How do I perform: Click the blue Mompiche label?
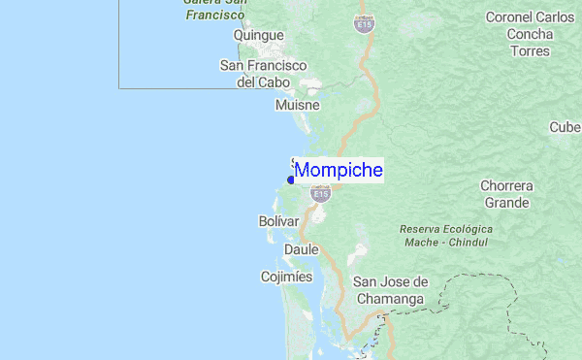pyautogui.click(x=338, y=171)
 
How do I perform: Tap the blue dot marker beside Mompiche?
pyautogui.click(x=291, y=180)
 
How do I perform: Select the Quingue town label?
pyautogui.click(x=258, y=36)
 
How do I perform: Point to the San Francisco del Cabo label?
pyautogui.click(x=263, y=74)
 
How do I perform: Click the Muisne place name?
pyautogui.click(x=297, y=105)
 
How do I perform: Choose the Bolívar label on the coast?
pyautogui.click(x=278, y=222)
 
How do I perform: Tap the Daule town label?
pyautogui.click(x=302, y=249)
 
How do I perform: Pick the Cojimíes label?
pyautogui.click(x=286, y=277)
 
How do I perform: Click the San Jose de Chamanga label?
pyautogui.click(x=389, y=291)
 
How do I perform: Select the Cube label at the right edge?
pyautogui.click(x=565, y=127)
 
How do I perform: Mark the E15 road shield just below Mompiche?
pyautogui.click(x=320, y=194)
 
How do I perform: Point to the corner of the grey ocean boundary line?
pyautogui.click(x=119, y=88)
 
